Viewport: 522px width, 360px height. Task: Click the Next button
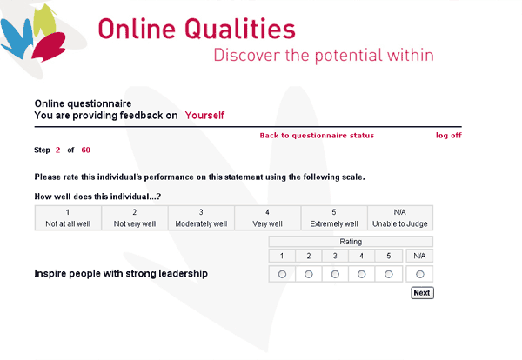pos(422,293)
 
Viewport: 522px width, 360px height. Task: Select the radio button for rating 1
pos(282,274)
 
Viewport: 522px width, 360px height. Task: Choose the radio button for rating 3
pos(335,274)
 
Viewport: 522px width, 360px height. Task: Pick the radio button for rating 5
pos(389,274)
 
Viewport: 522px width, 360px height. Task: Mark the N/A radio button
pos(420,274)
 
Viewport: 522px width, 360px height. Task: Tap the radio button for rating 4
pos(361,274)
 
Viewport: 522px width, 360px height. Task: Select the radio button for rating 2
pos(309,274)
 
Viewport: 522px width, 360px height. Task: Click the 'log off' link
pos(449,136)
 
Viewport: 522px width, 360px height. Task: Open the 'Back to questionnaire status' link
pos(317,136)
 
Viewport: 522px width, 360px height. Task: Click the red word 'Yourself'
pos(204,116)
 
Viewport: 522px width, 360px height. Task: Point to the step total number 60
pos(86,150)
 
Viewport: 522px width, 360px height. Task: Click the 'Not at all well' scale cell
pos(68,218)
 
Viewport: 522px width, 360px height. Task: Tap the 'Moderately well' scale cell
pos(201,218)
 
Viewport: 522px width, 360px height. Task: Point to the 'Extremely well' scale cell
pos(334,218)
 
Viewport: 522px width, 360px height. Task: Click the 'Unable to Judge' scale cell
pos(400,218)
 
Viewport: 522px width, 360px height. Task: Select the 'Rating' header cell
pos(351,242)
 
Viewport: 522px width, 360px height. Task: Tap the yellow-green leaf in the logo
pos(45,21)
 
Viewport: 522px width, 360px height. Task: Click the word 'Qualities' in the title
pos(240,30)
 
